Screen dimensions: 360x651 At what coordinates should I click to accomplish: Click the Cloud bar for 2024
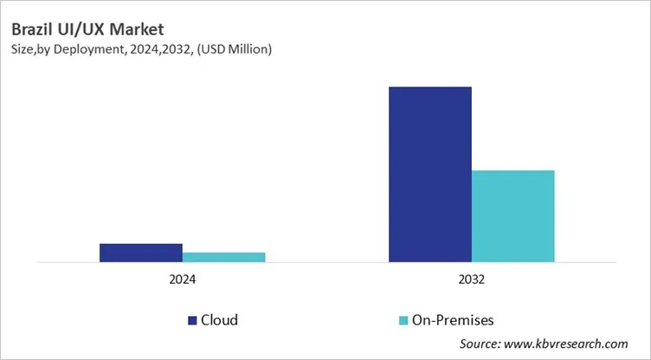[140, 252]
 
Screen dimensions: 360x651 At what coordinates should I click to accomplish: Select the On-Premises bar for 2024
[223, 256]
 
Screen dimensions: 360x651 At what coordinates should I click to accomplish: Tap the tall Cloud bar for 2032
[429, 174]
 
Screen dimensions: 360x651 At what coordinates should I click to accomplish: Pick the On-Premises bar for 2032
[512, 215]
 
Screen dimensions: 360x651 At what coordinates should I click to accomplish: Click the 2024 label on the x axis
[182, 280]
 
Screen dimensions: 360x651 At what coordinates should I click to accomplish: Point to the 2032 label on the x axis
[471, 280]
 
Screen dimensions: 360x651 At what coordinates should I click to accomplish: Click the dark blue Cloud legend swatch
[192, 320]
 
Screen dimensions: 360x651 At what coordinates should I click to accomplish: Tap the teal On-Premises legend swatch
[403, 320]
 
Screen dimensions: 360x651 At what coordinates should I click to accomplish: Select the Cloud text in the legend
[219, 320]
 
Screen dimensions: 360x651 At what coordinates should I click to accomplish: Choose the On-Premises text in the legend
[453, 320]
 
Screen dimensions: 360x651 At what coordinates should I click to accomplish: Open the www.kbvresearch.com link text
[574, 344]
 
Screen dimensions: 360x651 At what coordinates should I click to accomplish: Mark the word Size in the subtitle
[23, 50]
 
